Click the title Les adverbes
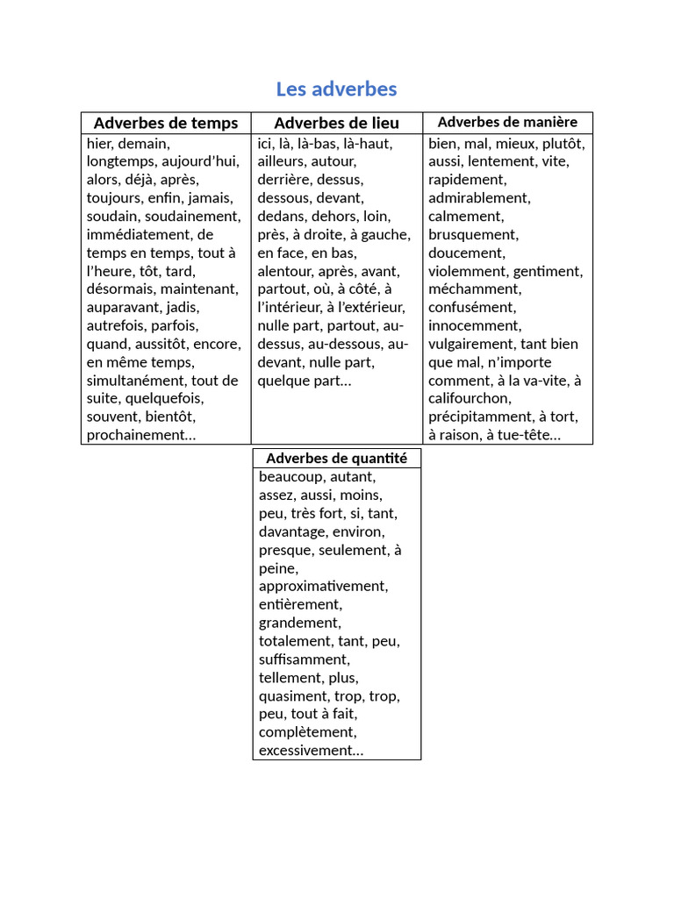click(x=336, y=89)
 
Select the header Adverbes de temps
click(x=166, y=123)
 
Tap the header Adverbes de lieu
click(x=336, y=123)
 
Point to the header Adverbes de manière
click(x=507, y=122)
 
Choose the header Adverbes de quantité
click(x=336, y=458)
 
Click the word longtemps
click(x=122, y=161)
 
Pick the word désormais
click(x=122, y=289)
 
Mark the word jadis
click(x=182, y=307)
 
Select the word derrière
click(x=282, y=180)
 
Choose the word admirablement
click(x=478, y=198)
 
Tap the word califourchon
click(x=470, y=399)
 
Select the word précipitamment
click(x=481, y=417)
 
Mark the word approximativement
click(x=323, y=586)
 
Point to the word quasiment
click(x=293, y=696)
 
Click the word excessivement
click(x=308, y=751)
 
